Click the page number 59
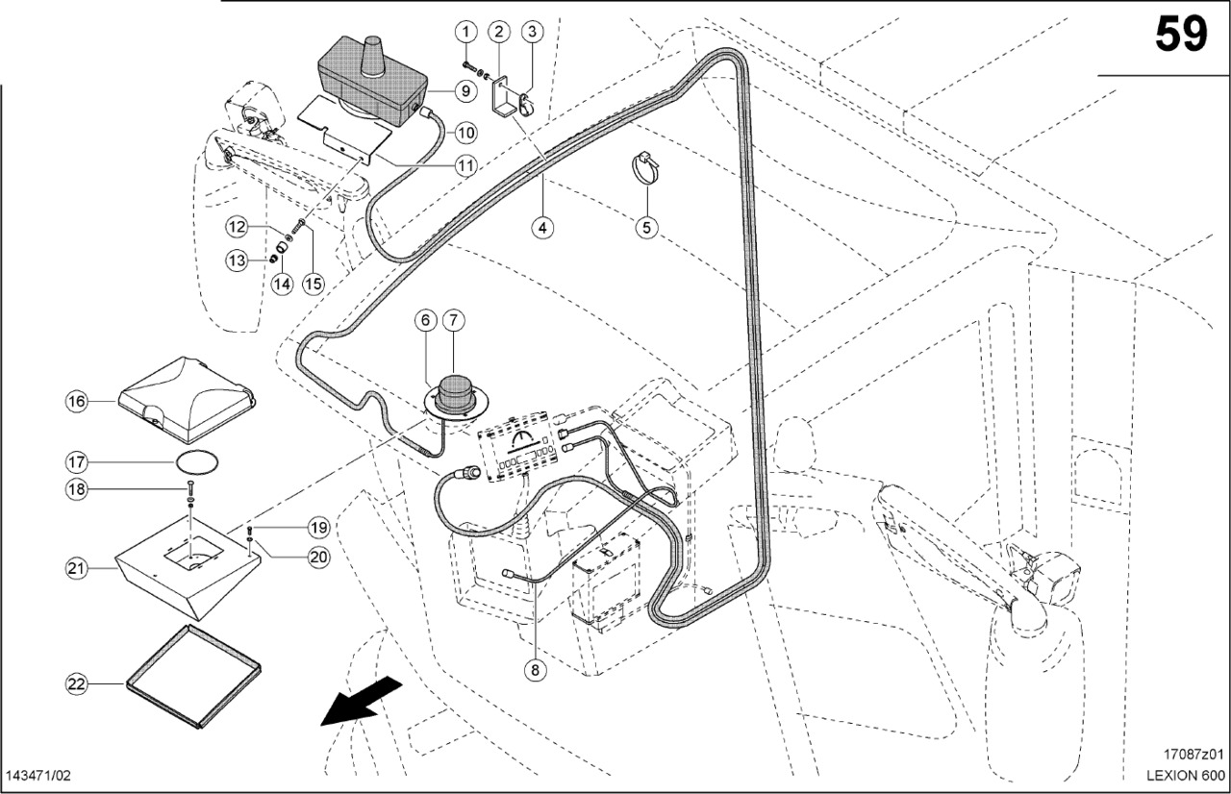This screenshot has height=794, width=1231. coord(1180,35)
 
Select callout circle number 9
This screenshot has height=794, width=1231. coord(465,91)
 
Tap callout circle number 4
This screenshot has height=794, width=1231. coord(542,228)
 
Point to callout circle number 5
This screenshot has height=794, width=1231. coord(646,228)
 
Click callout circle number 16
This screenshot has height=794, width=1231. coord(77,400)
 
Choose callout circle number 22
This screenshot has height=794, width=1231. coord(77,684)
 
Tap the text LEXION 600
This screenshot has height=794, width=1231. coord(1185,776)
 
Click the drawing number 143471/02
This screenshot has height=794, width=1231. coord(38,776)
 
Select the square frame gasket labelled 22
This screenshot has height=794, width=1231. coord(192,677)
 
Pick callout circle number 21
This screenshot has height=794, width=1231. coord(77,568)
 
